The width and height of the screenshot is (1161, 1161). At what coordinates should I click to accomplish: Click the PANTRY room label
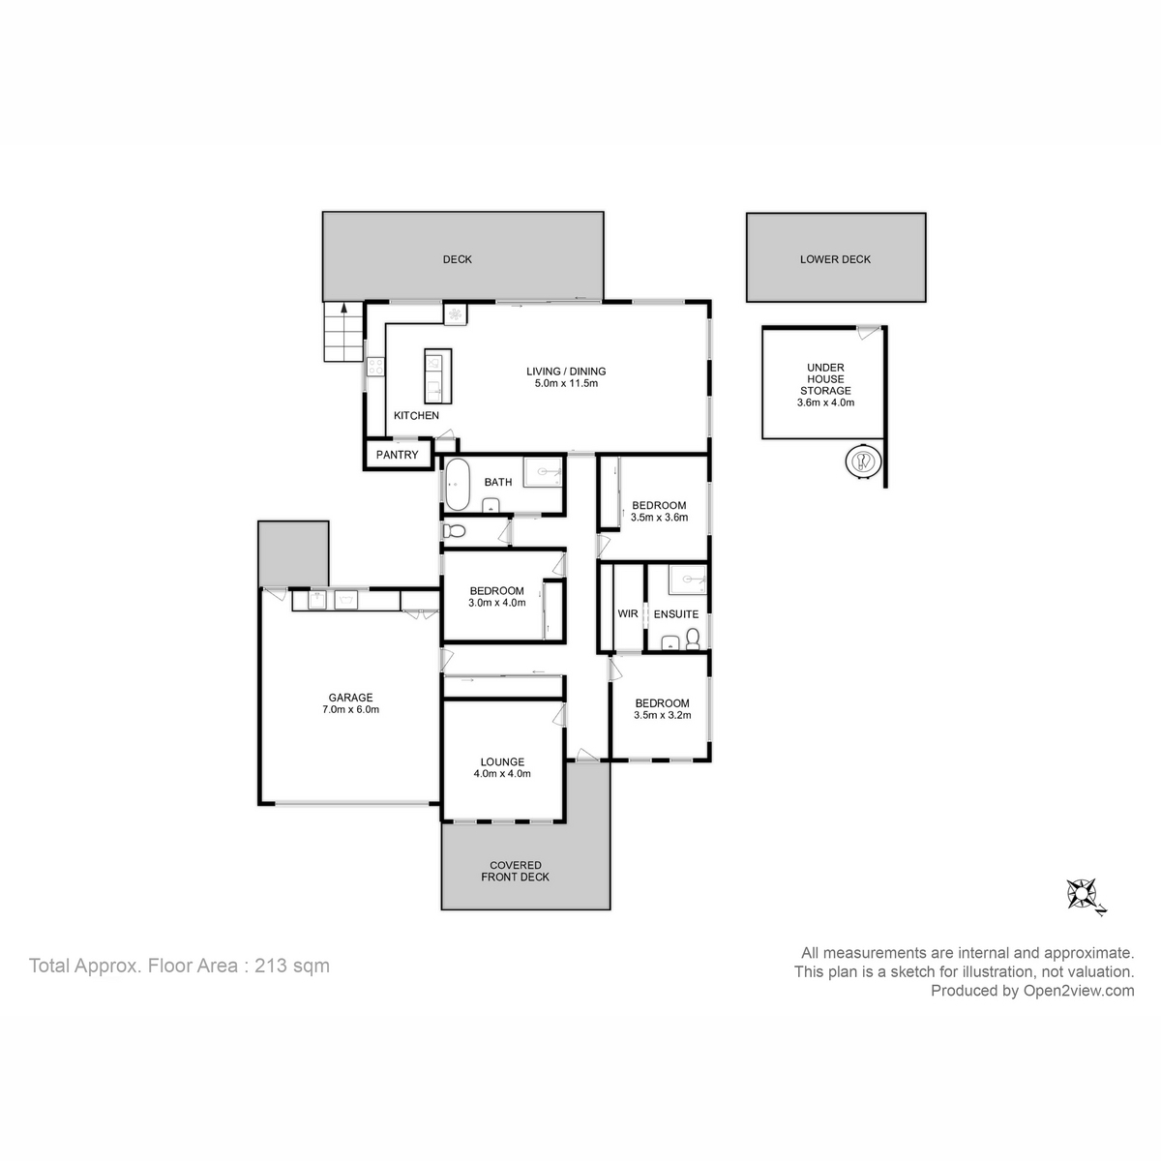tap(397, 455)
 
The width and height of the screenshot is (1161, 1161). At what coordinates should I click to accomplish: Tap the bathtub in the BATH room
tap(457, 485)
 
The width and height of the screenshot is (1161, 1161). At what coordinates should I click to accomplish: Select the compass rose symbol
tap(1083, 893)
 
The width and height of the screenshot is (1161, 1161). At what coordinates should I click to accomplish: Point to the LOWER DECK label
tap(835, 259)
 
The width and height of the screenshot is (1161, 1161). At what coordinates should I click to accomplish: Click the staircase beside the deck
tap(342, 331)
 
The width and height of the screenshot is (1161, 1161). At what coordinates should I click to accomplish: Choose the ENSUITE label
tap(675, 614)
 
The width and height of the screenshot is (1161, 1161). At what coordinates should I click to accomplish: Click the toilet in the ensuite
tap(692, 639)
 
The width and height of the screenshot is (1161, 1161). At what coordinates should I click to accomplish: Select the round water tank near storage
tap(863, 461)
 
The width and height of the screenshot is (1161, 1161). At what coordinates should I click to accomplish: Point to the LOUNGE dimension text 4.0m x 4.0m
tap(501, 773)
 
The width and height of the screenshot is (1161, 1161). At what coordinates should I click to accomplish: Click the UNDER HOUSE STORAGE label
tap(824, 384)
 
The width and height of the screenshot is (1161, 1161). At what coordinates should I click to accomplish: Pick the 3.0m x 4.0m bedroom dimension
tap(496, 603)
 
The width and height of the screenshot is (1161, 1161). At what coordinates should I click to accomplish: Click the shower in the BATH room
tap(544, 472)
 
